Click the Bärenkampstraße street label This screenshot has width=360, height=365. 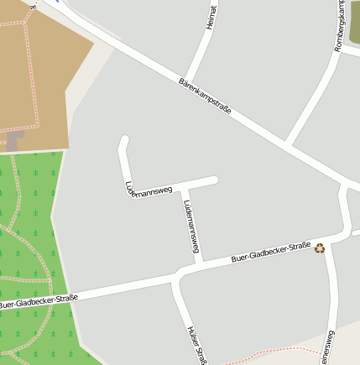(x=205, y=97)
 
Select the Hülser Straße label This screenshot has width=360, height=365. (x=196, y=344)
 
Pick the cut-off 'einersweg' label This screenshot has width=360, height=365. (x=327, y=347)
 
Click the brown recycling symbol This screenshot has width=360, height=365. (x=320, y=248)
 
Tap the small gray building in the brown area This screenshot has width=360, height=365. (x=16, y=140)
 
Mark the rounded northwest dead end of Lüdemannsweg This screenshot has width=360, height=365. (x=124, y=139)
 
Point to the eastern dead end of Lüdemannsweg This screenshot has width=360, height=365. (x=215, y=180)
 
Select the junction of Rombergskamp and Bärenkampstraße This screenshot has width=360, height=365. (x=288, y=143)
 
